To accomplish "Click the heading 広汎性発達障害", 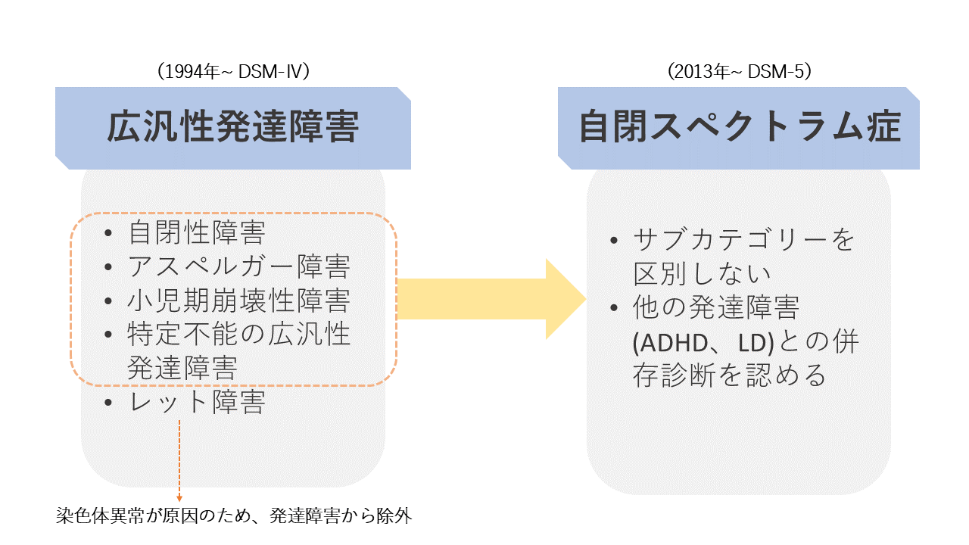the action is click(232, 126).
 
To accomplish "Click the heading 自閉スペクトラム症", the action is click(740, 126).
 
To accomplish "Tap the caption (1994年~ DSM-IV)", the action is click(233, 71).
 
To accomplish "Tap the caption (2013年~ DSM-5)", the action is click(740, 71).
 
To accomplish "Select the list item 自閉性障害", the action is click(197, 232).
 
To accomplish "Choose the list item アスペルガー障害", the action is click(238, 266).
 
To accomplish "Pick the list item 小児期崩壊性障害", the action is click(238, 301).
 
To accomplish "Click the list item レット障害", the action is click(197, 402).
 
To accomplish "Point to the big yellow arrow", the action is click(491, 299).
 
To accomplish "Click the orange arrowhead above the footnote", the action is click(179, 499).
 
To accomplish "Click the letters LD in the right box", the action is click(753, 343).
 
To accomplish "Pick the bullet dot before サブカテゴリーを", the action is click(613, 240).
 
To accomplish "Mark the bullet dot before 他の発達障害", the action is click(613, 308).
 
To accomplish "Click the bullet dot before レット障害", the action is click(108, 402).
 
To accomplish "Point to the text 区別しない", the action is click(702, 273).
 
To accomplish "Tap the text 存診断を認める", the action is click(729, 375).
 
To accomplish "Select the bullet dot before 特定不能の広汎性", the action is click(108, 335).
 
